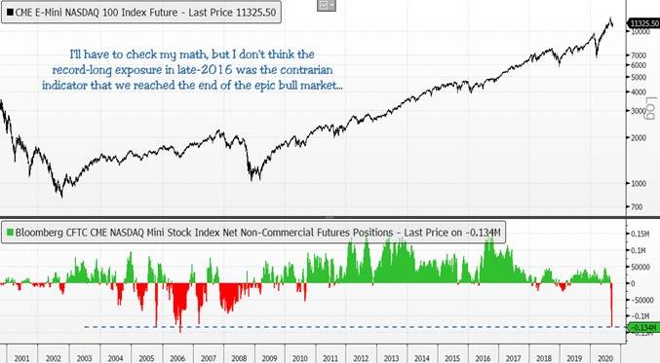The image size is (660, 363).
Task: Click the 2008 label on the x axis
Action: click(x=239, y=358)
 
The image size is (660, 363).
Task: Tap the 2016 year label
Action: click(x=483, y=358)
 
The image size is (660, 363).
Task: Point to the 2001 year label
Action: click(x=21, y=358)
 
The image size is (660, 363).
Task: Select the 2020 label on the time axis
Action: click(x=604, y=358)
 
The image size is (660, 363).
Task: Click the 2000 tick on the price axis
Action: click(x=639, y=138)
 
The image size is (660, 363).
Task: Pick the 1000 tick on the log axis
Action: click(x=639, y=184)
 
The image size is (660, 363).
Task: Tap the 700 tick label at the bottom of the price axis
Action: click(x=637, y=207)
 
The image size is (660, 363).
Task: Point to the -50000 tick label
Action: click(x=641, y=300)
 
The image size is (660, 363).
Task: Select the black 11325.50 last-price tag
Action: click(x=644, y=23)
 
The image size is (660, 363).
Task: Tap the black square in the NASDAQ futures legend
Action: click(x=10, y=13)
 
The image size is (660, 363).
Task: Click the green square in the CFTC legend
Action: click(x=10, y=233)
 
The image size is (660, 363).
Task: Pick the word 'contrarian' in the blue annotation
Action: click(x=306, y=70)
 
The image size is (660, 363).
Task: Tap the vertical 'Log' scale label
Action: click(x=651, y=108)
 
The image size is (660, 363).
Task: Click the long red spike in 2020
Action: click(x=611, y=305)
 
